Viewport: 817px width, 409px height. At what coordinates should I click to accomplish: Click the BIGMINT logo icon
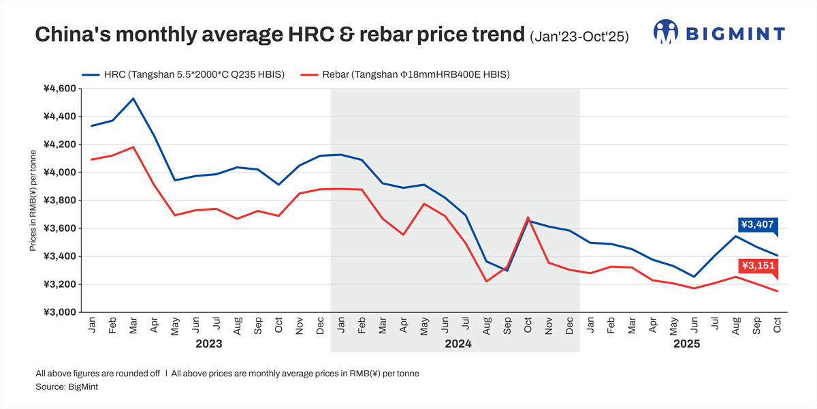click(666, 31)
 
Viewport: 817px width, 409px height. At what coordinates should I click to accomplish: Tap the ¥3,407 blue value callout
click(757, 224)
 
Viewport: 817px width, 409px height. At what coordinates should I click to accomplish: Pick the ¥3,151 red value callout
click(757, 266)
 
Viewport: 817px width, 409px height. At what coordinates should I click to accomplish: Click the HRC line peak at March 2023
click(133, 99)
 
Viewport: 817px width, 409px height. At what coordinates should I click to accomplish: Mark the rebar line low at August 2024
click(486, 281)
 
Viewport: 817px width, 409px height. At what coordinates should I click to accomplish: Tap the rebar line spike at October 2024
click(528, 217)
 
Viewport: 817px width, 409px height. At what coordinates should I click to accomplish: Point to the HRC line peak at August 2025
click(735, 236)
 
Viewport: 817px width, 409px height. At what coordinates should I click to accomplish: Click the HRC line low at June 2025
click(694, 277)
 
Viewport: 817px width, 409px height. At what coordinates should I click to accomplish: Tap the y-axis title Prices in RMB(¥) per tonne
click(33, 200)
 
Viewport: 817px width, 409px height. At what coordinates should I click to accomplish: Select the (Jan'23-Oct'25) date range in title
click(578, 36)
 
